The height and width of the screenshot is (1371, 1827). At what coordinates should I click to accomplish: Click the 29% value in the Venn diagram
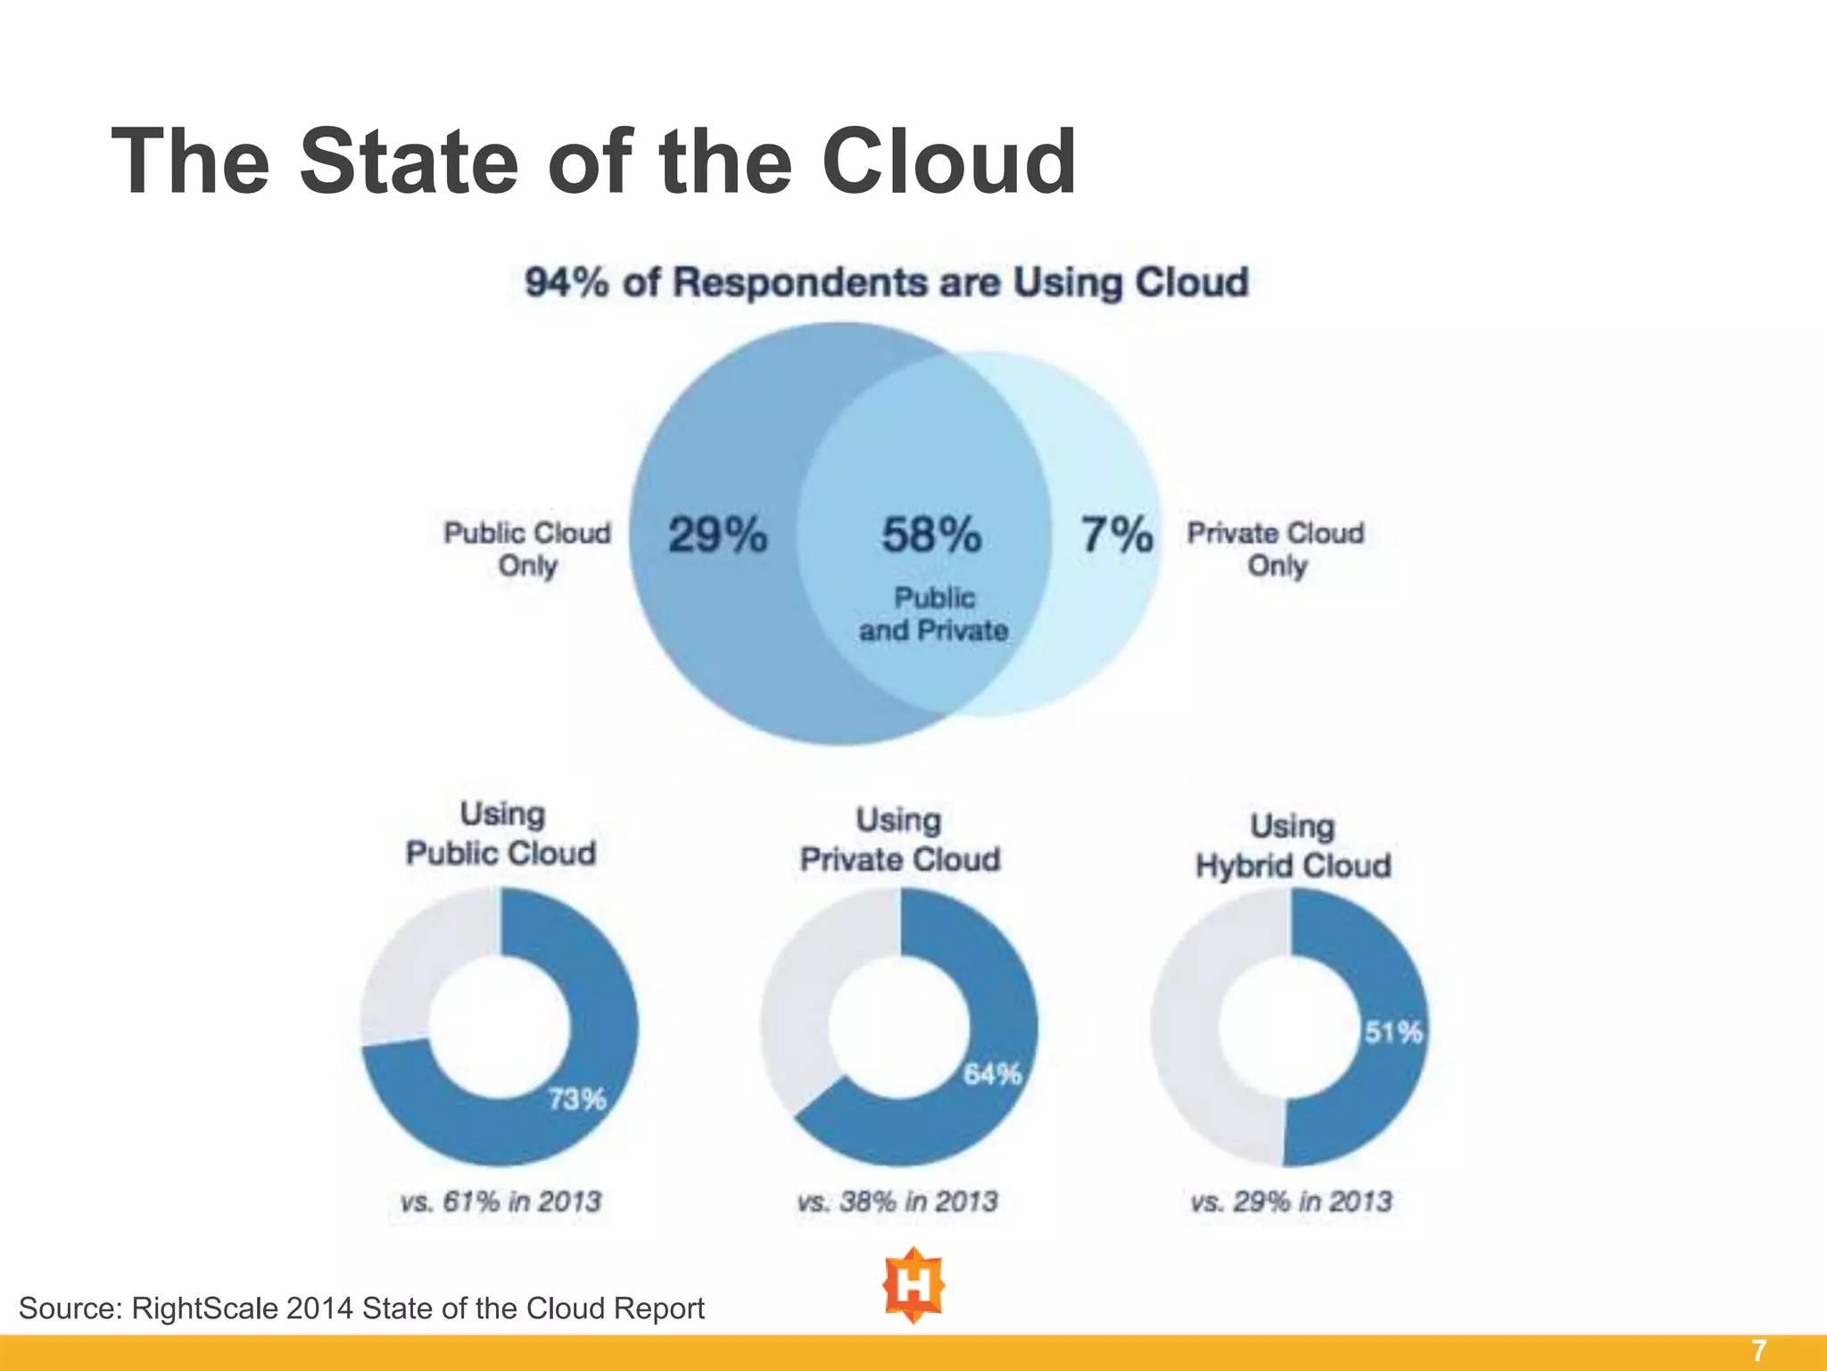(x=717, y=536)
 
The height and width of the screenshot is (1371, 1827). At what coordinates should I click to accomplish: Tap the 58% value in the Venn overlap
(x=931, y=536)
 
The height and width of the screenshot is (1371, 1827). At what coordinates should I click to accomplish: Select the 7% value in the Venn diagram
(x=1117, y=536)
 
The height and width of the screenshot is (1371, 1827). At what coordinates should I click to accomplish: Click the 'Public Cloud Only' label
(x=527, y=549)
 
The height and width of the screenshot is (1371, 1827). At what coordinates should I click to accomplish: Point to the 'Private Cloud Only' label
(x=1276, y=549)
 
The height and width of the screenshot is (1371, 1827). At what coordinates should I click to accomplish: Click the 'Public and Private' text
(x=933, y=614)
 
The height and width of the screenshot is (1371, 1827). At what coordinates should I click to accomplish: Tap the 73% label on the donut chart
(x=576, y=1099)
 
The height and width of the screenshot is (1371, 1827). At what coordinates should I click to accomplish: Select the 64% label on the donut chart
(x=992, y=1074)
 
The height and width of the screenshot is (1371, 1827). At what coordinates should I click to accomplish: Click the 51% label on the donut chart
(x=1393, y=1033)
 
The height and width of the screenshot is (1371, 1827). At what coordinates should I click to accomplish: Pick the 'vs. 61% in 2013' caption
(x=501, y=1201)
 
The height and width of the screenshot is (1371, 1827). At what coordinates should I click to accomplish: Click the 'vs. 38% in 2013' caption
(x=897, y=1201)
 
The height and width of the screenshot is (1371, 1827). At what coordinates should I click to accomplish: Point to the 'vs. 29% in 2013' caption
(x=1291, y=1201)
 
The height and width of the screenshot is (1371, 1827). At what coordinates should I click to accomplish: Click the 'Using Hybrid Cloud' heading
(x=1293, y=846)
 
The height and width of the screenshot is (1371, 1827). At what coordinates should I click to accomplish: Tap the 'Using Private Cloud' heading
(x=899, y=840)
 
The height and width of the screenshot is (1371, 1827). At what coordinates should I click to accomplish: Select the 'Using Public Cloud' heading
(x=501, y=834)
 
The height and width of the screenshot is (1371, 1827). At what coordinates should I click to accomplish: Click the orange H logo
(x=913, y=1286)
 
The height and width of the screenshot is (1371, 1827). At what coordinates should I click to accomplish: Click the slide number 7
(x=1758, y=1351)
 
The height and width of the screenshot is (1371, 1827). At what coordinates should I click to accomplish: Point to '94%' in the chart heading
(x=567, y=283)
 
